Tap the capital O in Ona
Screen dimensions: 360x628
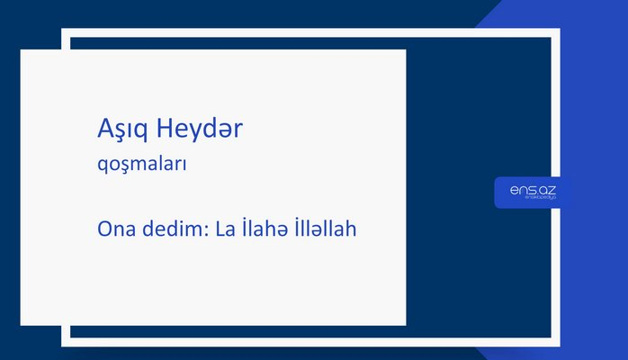[104, 229]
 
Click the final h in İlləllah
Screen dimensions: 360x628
[352, 229]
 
